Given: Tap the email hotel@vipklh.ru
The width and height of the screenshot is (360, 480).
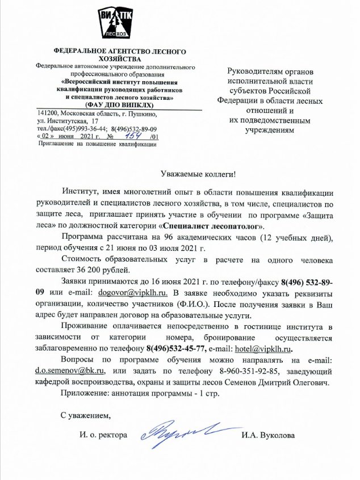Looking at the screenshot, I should click(266, 348).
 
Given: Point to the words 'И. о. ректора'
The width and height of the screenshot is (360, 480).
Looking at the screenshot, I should click(103, 436).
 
